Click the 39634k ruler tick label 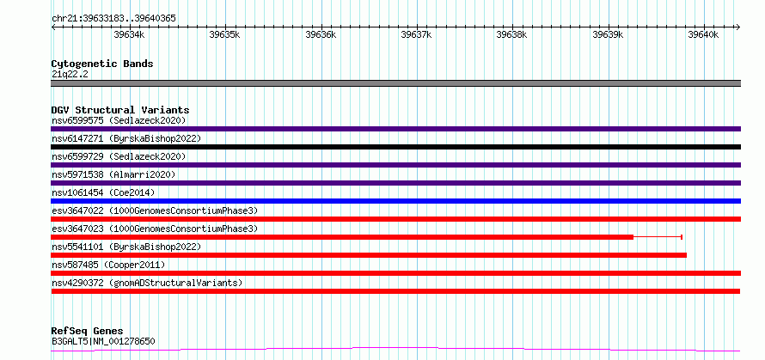129,34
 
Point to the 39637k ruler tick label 416,34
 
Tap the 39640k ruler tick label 703,34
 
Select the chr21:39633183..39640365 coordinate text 113,19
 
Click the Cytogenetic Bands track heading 102,64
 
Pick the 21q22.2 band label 70,75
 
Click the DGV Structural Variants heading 120,110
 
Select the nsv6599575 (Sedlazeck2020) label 119,120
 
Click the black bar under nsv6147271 395,147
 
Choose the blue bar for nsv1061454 395,201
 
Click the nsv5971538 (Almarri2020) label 113,174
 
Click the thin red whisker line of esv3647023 658,237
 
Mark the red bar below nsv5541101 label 369,255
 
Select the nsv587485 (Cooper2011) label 108,265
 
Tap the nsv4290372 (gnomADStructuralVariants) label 147,283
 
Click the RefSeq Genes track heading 87,332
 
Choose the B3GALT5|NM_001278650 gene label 103,341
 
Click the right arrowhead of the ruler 738,27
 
